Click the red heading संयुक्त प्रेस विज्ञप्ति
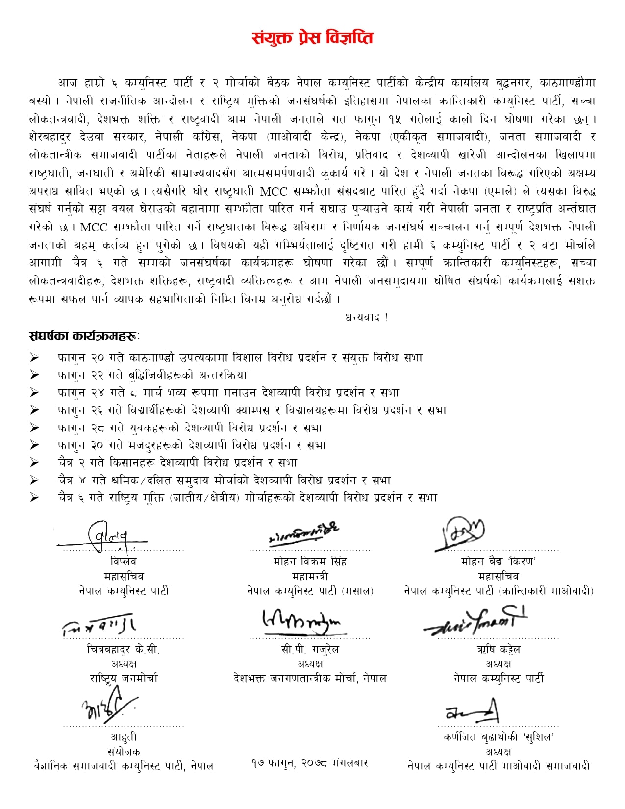[312, 38]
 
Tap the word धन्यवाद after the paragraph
[366, 317]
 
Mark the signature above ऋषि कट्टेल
[475, 620]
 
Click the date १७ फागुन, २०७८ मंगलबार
[309, 763]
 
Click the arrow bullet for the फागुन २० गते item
[34, 358]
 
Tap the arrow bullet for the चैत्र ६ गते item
[34, 498]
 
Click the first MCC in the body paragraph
[274, 191]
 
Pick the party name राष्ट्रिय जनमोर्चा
[124, 679]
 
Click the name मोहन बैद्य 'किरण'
[498, 561]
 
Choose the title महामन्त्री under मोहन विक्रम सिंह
[310, 576]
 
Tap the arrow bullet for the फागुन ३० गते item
[34, 445]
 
